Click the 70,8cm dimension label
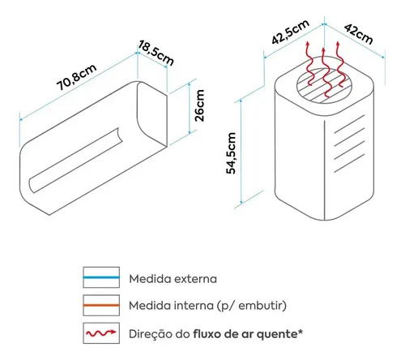click(76, 77)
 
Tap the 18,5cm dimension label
click(156, 53)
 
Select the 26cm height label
click(199, 105)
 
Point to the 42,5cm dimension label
click(291, 32)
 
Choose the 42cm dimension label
click(359, 34)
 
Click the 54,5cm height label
click(231, 153)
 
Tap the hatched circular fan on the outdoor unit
click(324, 85)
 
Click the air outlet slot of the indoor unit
click(76, 160)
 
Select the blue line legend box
click(101, 277)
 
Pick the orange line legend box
click(101, 305)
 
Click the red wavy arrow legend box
click(101, 333)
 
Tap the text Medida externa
click(173, 279)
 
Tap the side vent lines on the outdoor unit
click(349, 144)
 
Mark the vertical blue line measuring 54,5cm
click(241, 152)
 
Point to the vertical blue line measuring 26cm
click(190, 108)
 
